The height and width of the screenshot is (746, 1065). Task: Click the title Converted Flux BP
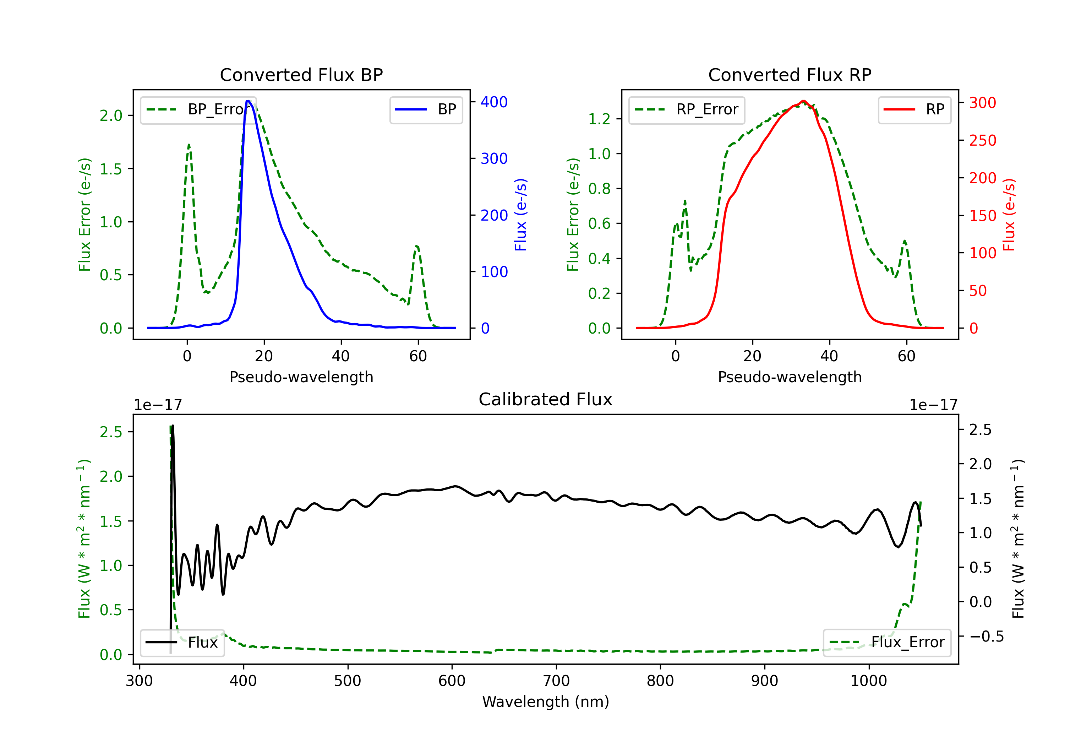pos(301,75)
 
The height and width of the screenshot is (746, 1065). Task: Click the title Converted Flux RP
pos(790,75)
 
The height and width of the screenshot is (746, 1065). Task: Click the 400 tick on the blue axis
pos(494,102)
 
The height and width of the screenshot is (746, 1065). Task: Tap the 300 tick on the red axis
pos(982,103)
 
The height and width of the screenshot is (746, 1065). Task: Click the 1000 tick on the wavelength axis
pos(868,681)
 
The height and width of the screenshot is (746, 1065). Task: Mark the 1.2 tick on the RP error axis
pos(599,119)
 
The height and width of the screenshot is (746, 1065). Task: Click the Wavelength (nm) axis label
pos(546,702)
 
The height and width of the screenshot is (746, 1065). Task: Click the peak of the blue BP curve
pos(248,101)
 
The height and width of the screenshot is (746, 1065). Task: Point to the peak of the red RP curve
pos(803,101)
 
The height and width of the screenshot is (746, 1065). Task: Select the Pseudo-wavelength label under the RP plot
pos(790,377)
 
